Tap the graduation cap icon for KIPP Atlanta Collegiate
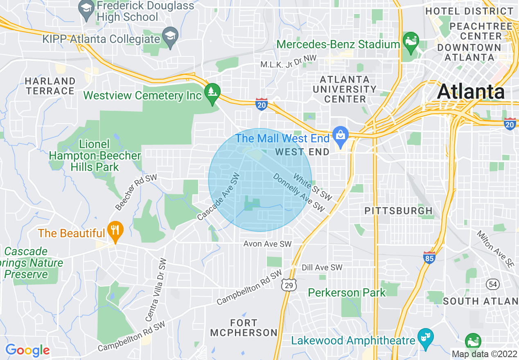point(169,35)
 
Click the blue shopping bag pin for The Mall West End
point(340,134)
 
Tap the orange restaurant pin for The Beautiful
point(115,230)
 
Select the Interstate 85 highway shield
point(429,257)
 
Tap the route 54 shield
point(492,283)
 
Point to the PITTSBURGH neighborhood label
point(398,211)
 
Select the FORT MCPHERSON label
point(244,328)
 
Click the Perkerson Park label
point(347,292)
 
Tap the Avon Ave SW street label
point(267,244)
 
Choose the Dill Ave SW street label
point(322,268)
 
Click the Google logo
point(27,350)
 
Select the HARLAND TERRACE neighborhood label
point(50,86)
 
